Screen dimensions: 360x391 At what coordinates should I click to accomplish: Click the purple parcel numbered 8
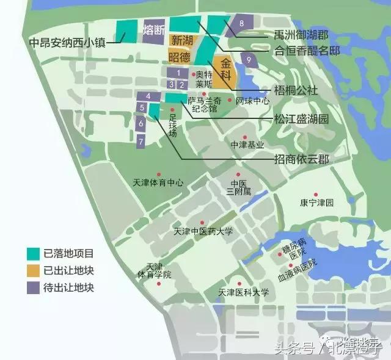[x=242, y=24]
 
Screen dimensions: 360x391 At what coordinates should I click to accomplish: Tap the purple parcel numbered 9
[x=249, y=59]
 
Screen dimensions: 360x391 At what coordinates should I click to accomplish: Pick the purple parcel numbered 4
[x=148, y=96]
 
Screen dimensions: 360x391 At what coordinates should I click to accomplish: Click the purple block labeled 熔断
[x=154, y=30]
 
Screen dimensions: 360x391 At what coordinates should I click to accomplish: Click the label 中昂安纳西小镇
[x=67, y=44]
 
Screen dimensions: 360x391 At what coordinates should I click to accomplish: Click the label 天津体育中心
[x=158, y=182]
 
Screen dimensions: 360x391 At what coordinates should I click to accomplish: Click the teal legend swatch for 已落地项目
[x=33, y=251]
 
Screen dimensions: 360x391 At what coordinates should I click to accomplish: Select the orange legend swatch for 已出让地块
[x=33, y=269]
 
